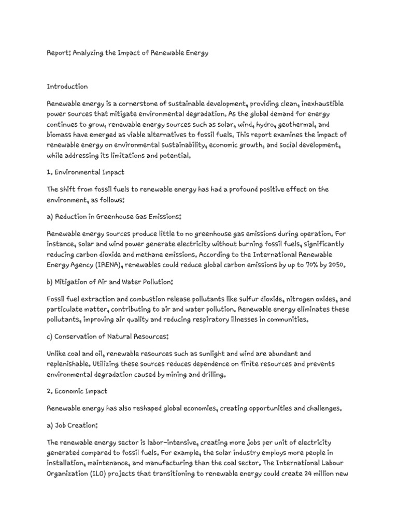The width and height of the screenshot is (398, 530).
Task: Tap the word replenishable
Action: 70,363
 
